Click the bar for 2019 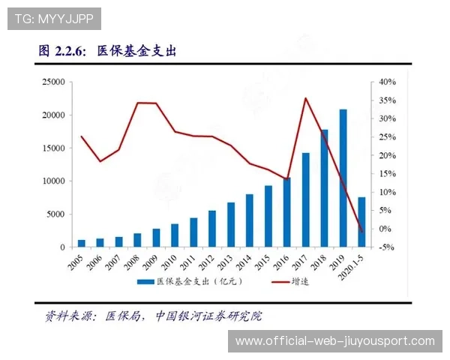pyautogui.click(x=343, y=178)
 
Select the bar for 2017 pyautogui.click(x=305, y=200)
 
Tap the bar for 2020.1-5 pyautogui.click(x=361, y=222)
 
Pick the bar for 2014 pyautogui.click(x=249, y=220)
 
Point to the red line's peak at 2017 pyautogui.click(x=305, y=98)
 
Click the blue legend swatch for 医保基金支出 pyautogui.click(x=145, y=282)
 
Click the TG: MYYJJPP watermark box pyautogui.click(x=53, y=18)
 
